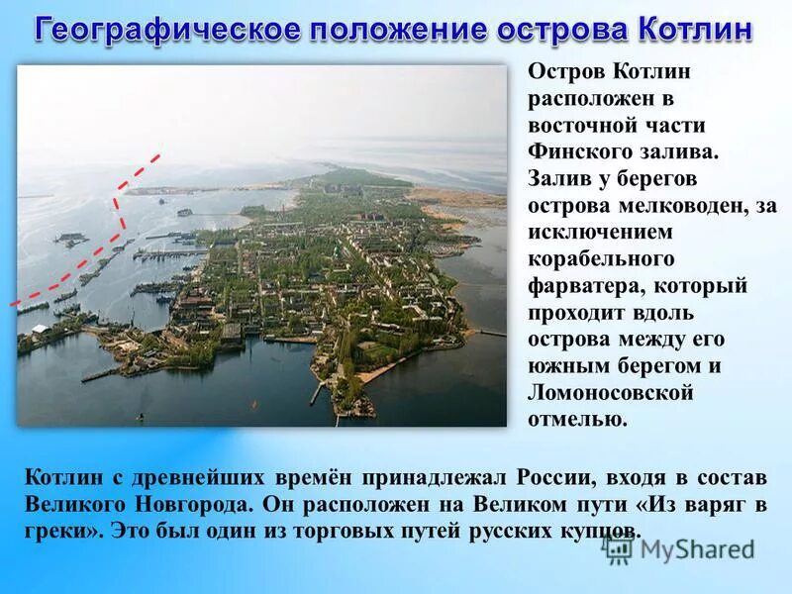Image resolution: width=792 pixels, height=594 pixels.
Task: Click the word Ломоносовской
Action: [609, 393]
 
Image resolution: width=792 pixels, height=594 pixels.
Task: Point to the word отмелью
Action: [577, 420]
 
